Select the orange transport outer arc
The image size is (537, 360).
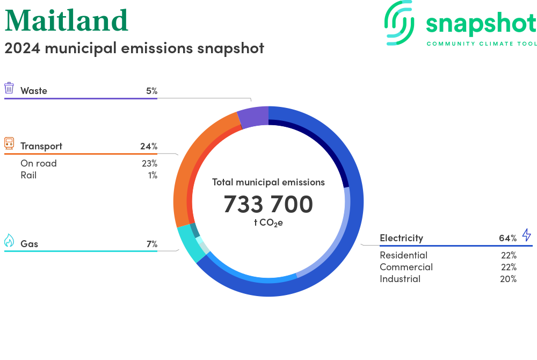185,172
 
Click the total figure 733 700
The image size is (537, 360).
268,204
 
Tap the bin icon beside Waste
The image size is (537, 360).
9,89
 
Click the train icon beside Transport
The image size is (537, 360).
9,143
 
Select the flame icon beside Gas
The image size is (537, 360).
9,241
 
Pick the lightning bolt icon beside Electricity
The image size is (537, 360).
526,235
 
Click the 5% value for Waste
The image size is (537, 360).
151,91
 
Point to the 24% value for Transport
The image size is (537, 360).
149,146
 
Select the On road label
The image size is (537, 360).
39,163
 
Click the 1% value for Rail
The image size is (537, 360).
153,175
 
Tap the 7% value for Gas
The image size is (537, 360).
151,244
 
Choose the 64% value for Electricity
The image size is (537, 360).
507,238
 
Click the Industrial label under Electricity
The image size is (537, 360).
400,279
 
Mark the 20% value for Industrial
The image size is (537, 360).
508,279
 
